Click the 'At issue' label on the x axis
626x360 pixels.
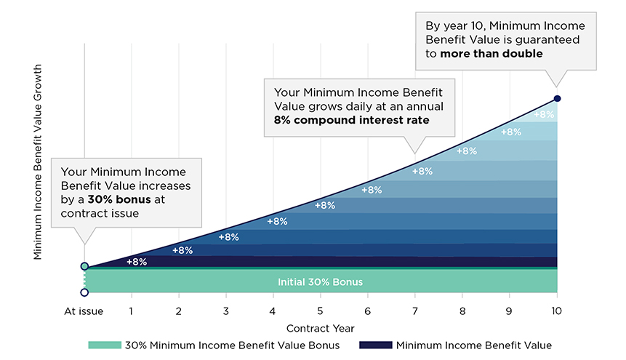[84, 311]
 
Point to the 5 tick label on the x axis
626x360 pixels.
[320, 311]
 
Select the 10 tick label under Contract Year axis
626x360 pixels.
[556, 311]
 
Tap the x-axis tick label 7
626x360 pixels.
[415, 311]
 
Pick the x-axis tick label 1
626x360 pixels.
[131, 311]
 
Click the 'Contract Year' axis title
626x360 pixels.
[320, 329]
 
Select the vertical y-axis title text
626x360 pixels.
[38, 162]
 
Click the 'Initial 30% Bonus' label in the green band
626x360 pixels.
[320, 282]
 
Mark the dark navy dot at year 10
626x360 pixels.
[558, 99]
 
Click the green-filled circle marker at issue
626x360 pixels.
[84, 266]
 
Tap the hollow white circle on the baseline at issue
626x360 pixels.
[84, 292]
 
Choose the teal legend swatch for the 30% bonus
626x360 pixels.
[105, 345]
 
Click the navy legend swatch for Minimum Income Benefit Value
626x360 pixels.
[376, 345]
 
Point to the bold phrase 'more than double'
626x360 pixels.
[491, 54]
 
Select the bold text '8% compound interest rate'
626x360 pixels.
[352, 120]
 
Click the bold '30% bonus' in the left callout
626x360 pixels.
[119, 199]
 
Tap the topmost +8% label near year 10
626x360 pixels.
[544, 115]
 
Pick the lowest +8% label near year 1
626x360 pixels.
[137, 262]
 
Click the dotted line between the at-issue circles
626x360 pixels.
[84, 279]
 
